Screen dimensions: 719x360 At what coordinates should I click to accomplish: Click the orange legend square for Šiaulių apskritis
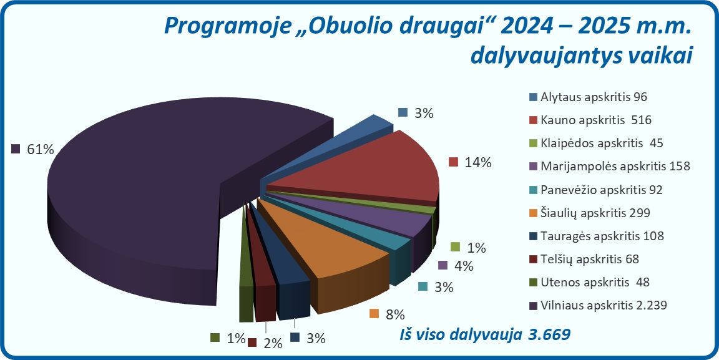point(532,213)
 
